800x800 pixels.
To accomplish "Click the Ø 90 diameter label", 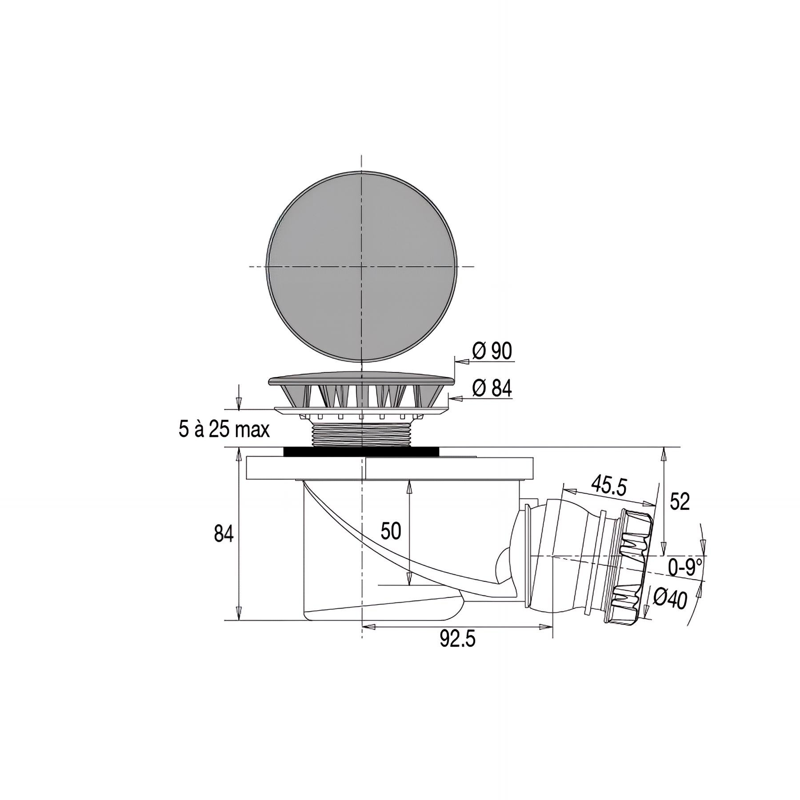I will click(x=492, y=351).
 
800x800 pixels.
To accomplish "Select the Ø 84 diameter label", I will click(x=492, y=388).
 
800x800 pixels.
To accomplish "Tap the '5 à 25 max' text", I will click(x=224, y=430).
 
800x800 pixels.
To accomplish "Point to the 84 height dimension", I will click(x=224, y=533).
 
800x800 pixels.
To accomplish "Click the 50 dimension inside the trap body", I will click(x=391, y=531).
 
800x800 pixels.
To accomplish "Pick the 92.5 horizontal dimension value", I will click(x=457, y=640).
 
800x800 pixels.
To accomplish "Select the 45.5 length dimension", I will click(x=608, y=486).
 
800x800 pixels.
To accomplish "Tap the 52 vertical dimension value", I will click(x=679, y=501).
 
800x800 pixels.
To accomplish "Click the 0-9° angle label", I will click(x=685, y=568).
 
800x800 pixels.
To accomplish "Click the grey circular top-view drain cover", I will click(x=361, y=267).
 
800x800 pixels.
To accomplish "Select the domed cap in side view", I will click(x=361, y=380).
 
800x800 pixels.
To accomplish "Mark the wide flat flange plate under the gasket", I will click(x=389, y=468).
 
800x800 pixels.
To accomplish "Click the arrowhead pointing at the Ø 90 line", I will click(x=463, y=362).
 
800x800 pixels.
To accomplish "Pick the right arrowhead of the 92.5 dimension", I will click(x=546, y=627).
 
